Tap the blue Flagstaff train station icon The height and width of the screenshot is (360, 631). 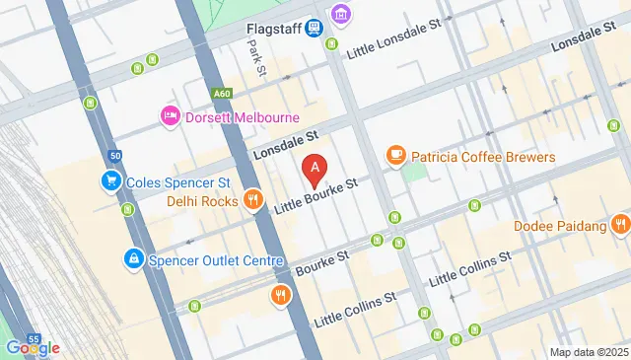click(x=315, y=28)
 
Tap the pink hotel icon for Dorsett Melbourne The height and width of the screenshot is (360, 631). click(x=169, y=116)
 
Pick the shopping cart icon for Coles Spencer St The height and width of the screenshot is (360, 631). click(x=109, y=182)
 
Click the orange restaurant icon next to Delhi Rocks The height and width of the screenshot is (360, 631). click(x=253, y=200)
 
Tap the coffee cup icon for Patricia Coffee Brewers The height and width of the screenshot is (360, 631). click(x=395, y=157)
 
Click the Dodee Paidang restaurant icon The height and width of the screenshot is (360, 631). click(x=619, y=226)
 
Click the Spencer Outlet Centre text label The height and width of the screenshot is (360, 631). click(x=216, y=261)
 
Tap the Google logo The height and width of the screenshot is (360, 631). click(x=33, y=348)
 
